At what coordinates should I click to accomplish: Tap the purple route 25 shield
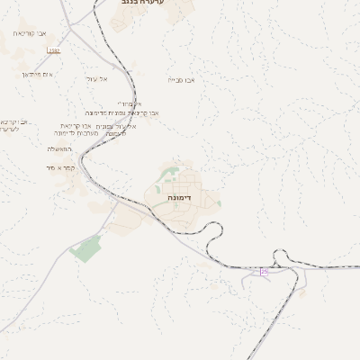[x=265, y=271]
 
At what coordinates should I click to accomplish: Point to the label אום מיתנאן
[x=37, y=74]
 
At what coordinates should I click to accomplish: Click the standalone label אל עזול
[x=97, y=79]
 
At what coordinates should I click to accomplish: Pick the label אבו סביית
[x=181, y=80]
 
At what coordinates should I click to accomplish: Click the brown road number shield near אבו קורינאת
[x=54, y=50]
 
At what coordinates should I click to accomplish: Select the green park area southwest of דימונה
[x=86, y=247]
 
